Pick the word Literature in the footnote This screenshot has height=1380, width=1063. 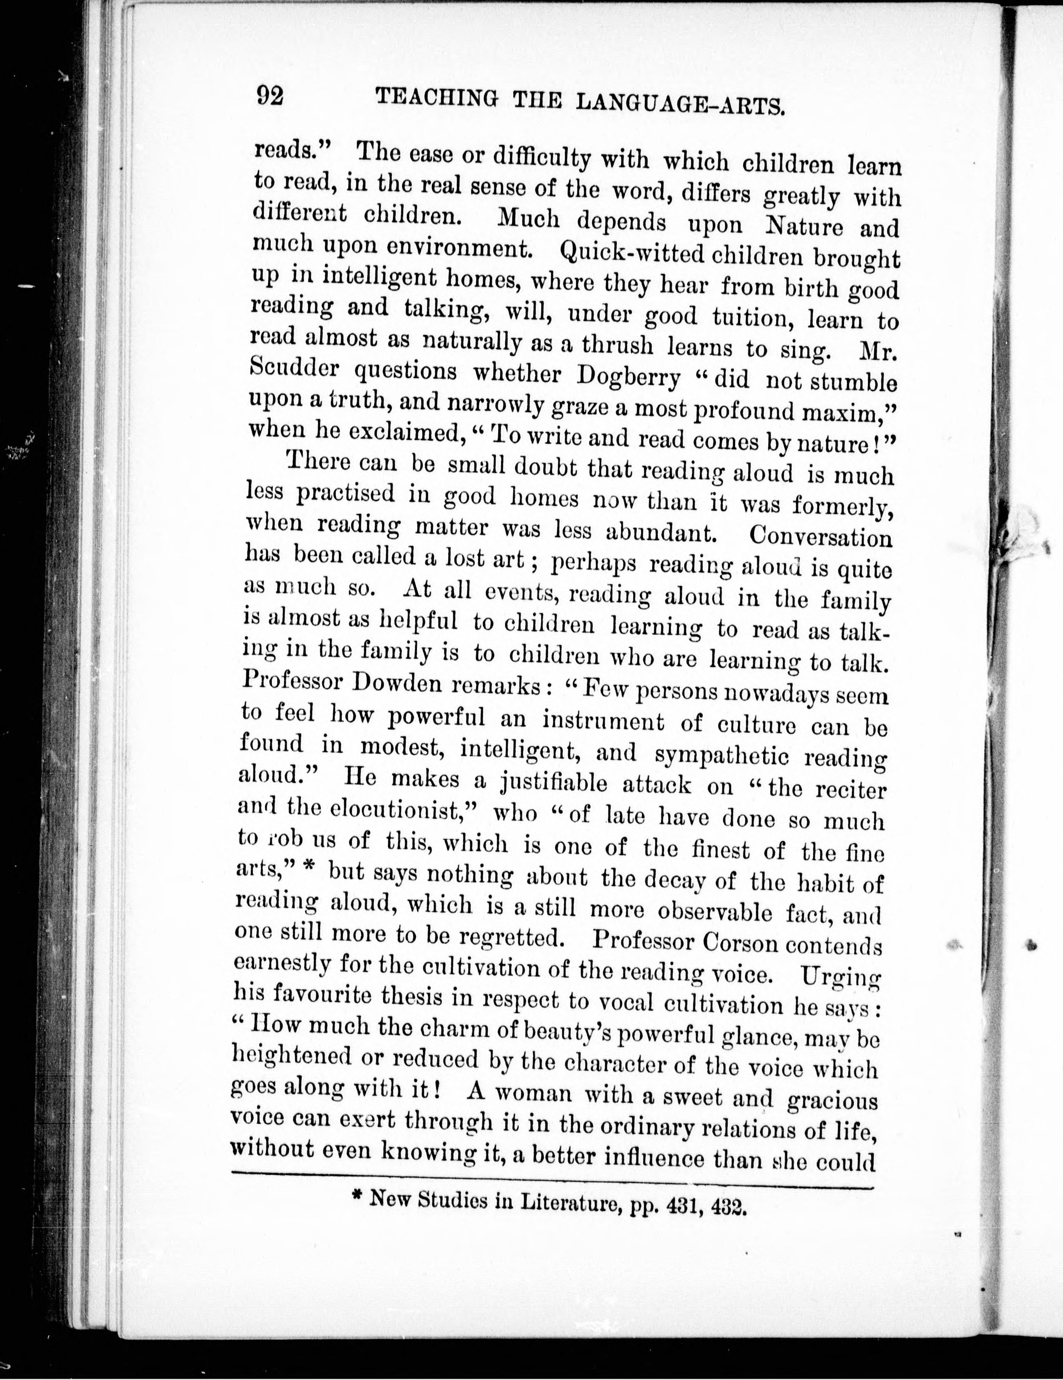click(568, 1203)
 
